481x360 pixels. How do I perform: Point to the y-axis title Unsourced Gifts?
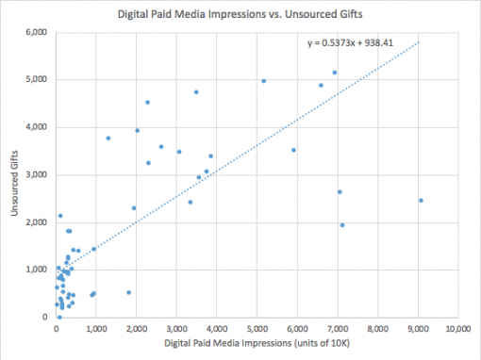(15, 175)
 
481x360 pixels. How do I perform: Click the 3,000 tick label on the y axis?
(36, 174)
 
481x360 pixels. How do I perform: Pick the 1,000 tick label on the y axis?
(36, 270)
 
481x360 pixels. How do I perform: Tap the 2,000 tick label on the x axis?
(137, 328)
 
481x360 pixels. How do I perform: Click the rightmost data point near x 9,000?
(421, 200)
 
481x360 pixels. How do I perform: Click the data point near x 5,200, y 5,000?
(264, 81)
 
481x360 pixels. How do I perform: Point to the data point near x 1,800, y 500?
(129, 292)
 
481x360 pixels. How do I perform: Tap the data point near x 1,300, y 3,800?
(108, 138)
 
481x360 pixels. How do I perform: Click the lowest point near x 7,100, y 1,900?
(342, 225)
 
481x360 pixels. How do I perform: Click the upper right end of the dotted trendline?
(419, 41)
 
